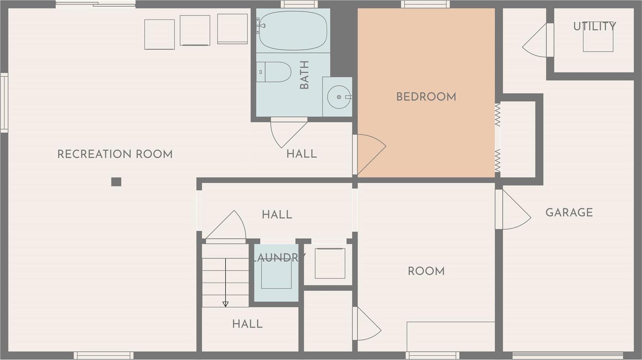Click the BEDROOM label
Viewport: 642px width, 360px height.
tap(426, 97)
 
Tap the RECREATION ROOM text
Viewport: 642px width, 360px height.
tap(115, 154)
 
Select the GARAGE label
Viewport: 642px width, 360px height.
tap(569, 212)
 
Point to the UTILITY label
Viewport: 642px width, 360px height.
tap(594, 26)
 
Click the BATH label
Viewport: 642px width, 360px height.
tap(304, 75)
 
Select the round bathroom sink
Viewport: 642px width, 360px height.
tap(339, 97)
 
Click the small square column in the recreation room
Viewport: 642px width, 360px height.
tap(116, 182)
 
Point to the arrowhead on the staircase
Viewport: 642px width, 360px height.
tap(225, 304)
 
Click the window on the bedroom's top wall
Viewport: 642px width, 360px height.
tap(425, 4)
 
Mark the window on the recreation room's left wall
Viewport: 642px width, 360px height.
tap(4, 103)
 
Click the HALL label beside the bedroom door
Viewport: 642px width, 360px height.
tap(301, 154)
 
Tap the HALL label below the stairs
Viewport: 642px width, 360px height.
tap(247, 324)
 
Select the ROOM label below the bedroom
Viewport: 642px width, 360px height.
tap(426, 271)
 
